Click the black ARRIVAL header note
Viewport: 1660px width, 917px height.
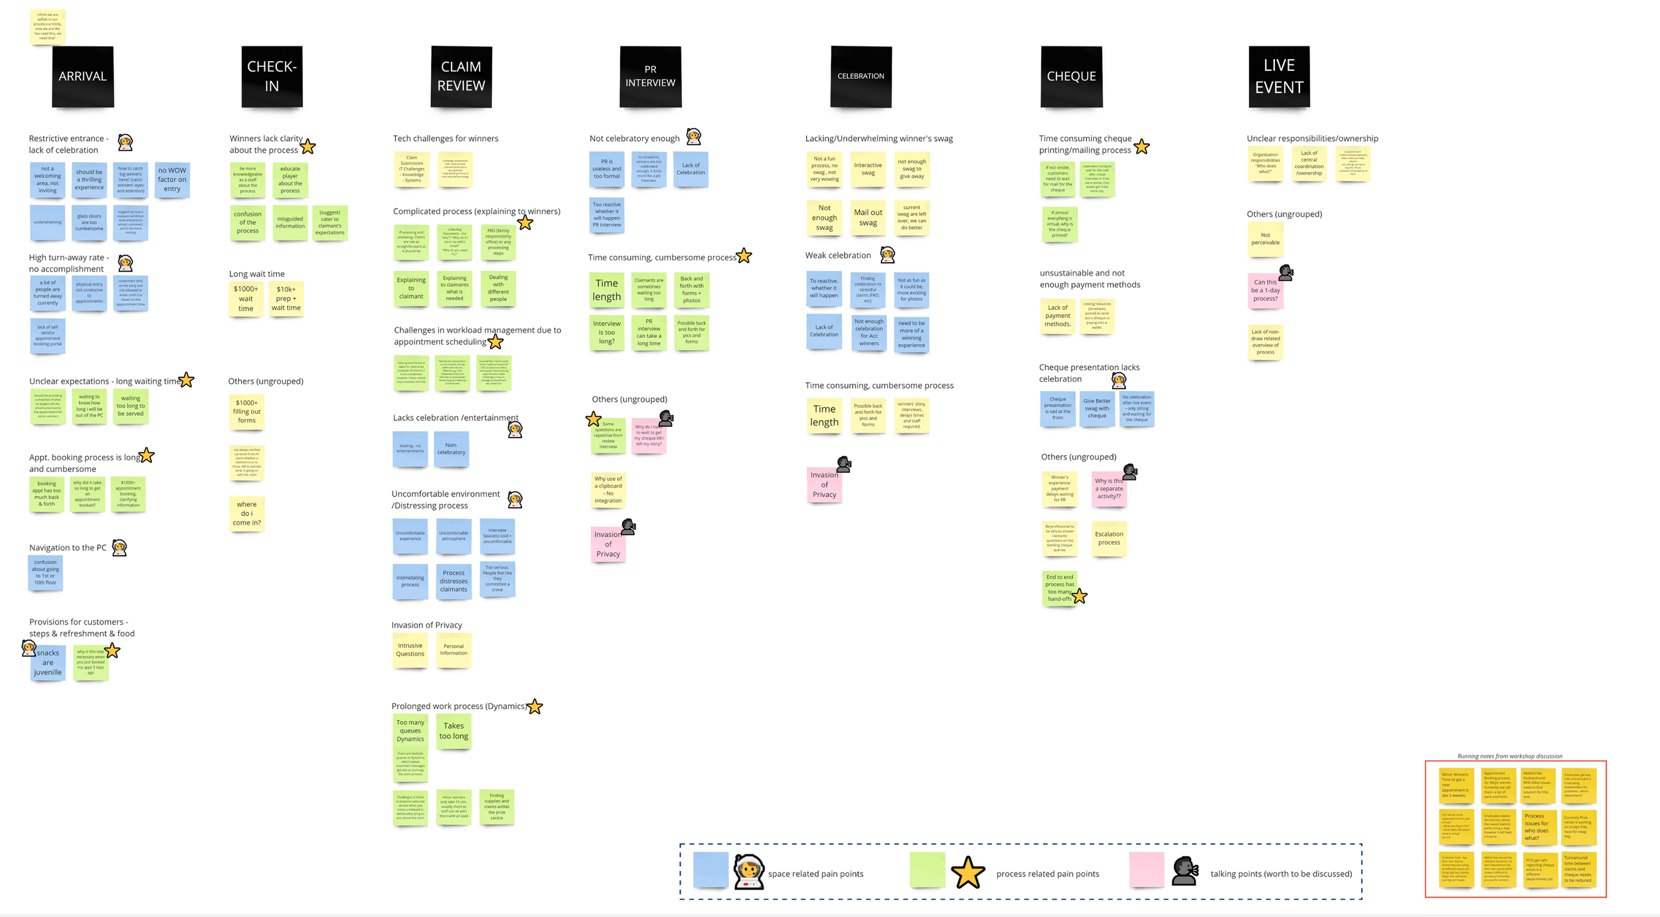[83, 76]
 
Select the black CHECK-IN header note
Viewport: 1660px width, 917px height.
[272, 76]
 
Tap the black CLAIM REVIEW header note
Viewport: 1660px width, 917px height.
[461, 76]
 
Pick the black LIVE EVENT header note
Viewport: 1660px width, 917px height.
[1279, 76]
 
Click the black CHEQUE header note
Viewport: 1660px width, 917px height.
[1071, 76]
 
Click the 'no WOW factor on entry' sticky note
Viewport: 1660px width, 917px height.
[172, 180]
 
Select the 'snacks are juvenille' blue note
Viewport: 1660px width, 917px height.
[48, 663]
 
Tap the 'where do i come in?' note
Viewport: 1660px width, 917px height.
[247, 513]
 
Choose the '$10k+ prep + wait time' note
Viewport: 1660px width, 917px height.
[286, 299]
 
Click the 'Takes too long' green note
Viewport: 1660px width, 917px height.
[454, 731]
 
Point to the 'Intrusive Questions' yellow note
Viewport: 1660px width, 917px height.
[410, 650]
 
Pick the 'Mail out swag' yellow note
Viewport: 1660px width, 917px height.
[868, 218]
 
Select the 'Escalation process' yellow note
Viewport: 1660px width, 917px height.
[1109, 539]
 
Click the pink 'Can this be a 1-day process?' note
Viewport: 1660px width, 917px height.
[1265, 291]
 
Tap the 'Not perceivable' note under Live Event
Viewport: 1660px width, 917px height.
[1265, 239]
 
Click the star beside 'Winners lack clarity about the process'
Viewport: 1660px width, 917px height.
[307, 147]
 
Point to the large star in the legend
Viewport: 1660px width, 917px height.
[967, 873]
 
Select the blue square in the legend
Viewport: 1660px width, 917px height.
[710, 870]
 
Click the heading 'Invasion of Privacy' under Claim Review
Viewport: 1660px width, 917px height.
[426, 625]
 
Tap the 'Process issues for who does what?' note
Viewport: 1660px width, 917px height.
[1536, 827]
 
